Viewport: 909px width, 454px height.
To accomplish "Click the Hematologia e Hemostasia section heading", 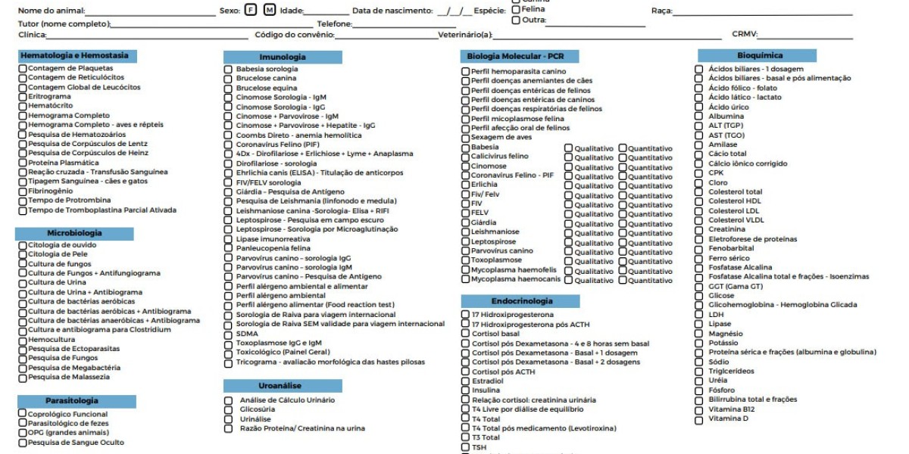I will point(74,55).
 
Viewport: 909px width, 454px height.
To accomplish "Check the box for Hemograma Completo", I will point(23,116).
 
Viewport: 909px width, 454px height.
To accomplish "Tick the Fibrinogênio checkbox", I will point(23,191).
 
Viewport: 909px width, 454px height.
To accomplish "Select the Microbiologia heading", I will point(74,233).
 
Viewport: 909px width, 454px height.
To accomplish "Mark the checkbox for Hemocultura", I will point(23,340).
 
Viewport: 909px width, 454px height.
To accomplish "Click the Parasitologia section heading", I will point(77,401).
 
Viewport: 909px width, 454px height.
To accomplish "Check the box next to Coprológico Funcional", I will point(23,414).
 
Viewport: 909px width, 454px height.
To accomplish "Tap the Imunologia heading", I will point(283,57).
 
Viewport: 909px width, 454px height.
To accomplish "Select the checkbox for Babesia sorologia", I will point(228,69).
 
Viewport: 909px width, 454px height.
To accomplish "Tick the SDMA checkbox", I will point(228,334).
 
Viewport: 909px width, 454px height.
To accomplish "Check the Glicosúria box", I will point(228,409).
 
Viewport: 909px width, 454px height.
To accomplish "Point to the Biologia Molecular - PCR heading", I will point(515,56).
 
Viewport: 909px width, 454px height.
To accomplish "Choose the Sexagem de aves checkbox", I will point(466,138).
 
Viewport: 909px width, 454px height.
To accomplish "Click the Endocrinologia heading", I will point(522,301).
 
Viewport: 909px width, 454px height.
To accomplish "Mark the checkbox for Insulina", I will point(466,390).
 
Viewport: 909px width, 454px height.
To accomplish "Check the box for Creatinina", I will point(699,229).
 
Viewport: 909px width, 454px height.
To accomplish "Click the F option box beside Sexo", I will point(251,10).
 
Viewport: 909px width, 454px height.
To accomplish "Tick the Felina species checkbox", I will point(516,9).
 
